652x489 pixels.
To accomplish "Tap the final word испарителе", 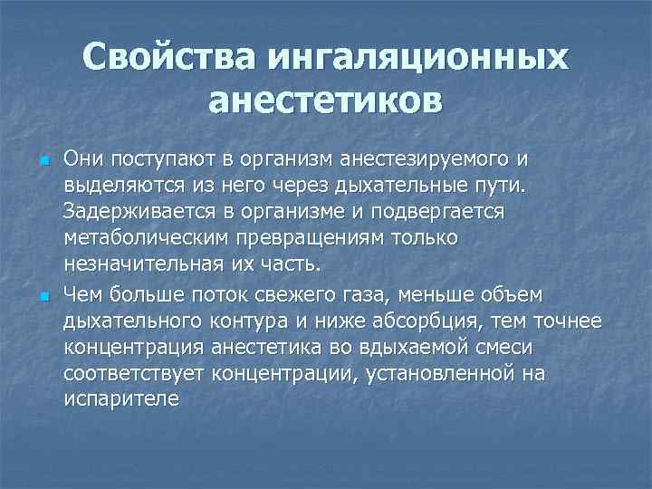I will pyautogui.click(x=122, y=398).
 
